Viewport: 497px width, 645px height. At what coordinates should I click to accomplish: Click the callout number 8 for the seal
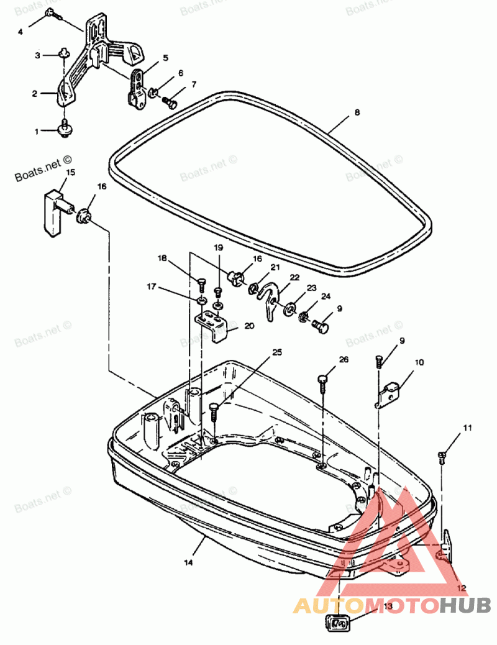tap(357, 112)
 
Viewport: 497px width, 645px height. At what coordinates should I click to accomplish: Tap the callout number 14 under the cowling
tap(188, 562)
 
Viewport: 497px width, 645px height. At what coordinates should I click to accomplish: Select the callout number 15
tap(71, 172)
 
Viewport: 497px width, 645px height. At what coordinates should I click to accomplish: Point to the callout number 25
tap(277, 352)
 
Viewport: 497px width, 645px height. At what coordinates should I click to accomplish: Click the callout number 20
tap(249, 326)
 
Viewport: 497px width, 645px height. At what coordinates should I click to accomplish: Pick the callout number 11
tap(467, 428)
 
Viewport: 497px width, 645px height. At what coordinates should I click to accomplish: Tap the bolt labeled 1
tap(65, 129)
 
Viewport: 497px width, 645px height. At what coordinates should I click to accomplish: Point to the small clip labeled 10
tap(390, 394)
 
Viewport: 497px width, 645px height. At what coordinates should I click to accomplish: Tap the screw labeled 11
tap(442, 457)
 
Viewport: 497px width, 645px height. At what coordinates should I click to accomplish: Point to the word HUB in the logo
tap(465, 605)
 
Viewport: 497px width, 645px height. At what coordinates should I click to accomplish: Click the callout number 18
tap(162, 258)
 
